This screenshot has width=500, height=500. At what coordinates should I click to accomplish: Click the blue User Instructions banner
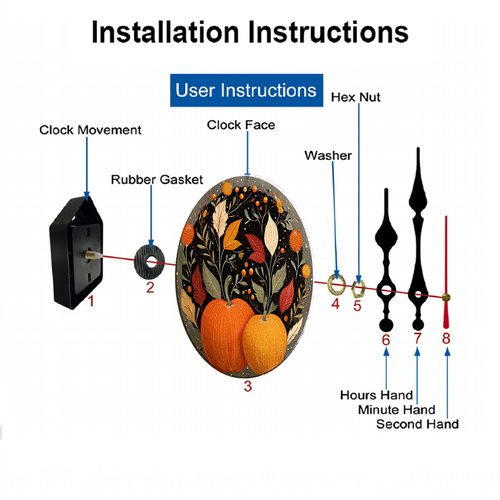pyautogui.click(x=246, y=90)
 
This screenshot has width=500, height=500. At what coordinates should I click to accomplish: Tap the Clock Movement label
pyautogui.click(x=90, y=130)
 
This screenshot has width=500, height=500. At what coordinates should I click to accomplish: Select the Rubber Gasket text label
pyautogui.click(x=157, y=180)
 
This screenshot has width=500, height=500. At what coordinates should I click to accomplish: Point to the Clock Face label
pyautogui.click(x=241, y=125)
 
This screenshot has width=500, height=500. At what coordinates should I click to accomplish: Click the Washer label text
pyautogui.click(x=328, y=156)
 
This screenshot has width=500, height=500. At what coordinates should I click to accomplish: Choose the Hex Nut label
pyautogui.click(x=355, y=97)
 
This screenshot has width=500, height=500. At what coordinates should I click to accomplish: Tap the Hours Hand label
pyautogui.click(x=376, y=395)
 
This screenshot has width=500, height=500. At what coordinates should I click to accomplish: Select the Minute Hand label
pyautogui.click(x=397, y=410)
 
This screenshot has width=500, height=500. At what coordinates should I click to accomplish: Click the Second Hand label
pyautogui.click(x=417, y=424)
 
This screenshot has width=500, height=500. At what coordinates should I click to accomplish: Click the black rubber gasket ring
pyautogui.click(x=141, y=263)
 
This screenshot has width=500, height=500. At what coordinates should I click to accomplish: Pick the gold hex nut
pyautogui.click(x=358, y=289)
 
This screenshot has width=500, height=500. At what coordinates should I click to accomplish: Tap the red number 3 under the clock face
pyautogui.click(x=248, y=386)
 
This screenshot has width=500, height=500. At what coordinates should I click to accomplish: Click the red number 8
pyautogui.click(x=446, y=338)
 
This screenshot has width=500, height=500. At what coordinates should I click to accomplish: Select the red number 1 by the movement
pyautogui.click(x=91, y=301)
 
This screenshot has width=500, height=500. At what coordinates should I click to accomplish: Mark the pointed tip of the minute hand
pyautogui.click(x=418, y=148)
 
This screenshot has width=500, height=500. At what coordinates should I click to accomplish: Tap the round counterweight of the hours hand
pyautogui.click(x=386, y=325)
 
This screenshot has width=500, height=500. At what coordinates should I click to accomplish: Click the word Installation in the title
pyautogui.click(x=165, y=32)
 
